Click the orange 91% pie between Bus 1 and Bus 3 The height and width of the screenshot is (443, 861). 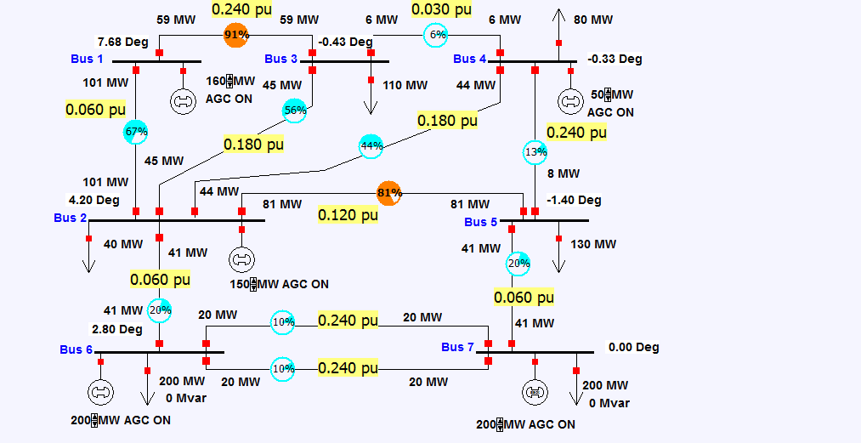tap(235, 35)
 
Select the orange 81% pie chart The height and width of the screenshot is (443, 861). tap(388, 193)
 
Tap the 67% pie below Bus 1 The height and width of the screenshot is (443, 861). tap(136, 131)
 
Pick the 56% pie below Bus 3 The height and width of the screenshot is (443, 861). tap(294, 111)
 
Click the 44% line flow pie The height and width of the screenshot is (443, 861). tap(371, 146)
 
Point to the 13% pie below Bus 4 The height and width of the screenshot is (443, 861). tap(535, 152)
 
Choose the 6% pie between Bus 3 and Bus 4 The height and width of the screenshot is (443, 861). tap(437, 35)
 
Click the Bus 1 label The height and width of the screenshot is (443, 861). tap(87, 59)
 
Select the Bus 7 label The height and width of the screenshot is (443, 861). tap(457, 347)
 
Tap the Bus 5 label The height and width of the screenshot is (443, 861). tap(480, 222)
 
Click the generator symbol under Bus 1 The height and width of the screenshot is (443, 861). tap(181, 101)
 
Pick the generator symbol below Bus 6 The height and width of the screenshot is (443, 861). tap(100, 392)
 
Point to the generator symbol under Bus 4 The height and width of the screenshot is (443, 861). tap(569, 101)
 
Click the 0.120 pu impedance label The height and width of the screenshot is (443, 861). tap(348, 215)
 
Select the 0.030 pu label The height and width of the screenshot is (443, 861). tap(440, 10)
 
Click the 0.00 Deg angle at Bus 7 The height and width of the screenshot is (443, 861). tap(633, 347)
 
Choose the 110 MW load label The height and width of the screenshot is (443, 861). tap(405, 85)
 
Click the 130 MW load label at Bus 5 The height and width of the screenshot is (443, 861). tap(593, 244)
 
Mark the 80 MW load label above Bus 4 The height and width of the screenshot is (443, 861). tap(593, 20)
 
